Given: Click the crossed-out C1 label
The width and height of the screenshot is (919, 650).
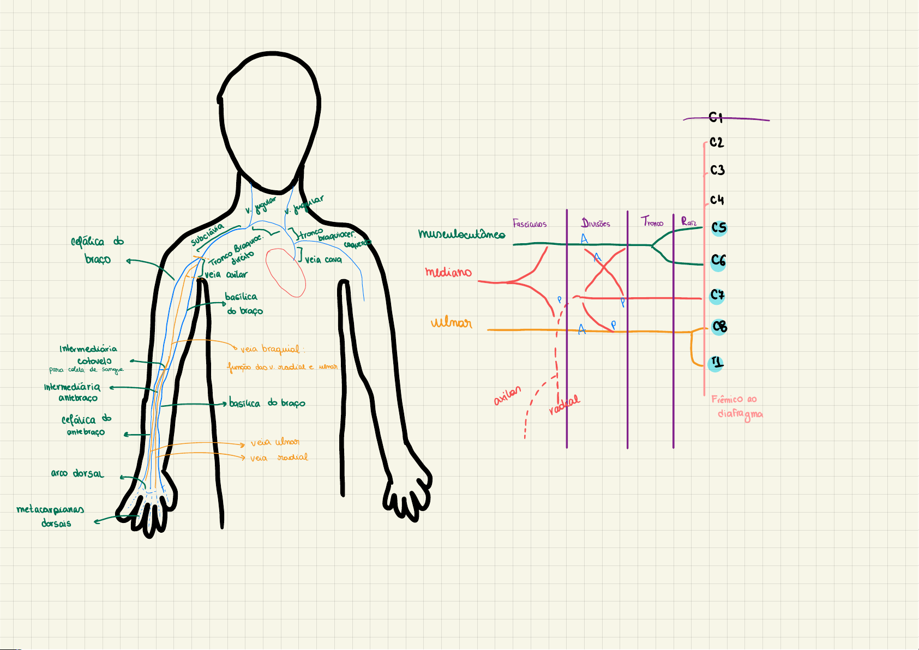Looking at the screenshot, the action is (716, 117).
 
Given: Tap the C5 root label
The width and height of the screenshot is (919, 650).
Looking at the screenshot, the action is (719, 227).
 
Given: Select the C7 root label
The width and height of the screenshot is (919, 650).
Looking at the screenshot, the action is (717, 296).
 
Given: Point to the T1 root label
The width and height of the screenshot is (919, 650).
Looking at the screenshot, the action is (716, 363).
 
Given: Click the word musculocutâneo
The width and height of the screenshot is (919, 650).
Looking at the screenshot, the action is (461, 234).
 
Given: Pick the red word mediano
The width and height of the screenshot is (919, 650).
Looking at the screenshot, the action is (448, 272).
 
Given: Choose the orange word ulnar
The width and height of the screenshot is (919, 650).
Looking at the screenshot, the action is (451, 322).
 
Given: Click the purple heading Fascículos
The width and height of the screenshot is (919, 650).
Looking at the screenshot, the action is (529, 224).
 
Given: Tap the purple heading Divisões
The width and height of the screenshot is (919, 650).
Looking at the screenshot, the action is (596, 223).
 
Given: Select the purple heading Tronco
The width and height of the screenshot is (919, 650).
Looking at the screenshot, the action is (652, 222).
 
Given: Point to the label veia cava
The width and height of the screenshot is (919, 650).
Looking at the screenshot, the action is (323, 260).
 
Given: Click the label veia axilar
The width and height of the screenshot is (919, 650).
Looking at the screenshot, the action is (226, 274).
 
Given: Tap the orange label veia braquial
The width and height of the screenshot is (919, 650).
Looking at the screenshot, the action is (271, 349).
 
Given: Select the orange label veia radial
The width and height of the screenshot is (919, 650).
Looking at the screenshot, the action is (279, 458).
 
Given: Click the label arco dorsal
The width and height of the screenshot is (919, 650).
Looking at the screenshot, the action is (77, 473).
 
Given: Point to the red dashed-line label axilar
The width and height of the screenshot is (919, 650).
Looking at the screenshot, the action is (507, 396).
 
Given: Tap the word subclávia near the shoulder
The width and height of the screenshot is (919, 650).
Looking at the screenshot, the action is (207, 234).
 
